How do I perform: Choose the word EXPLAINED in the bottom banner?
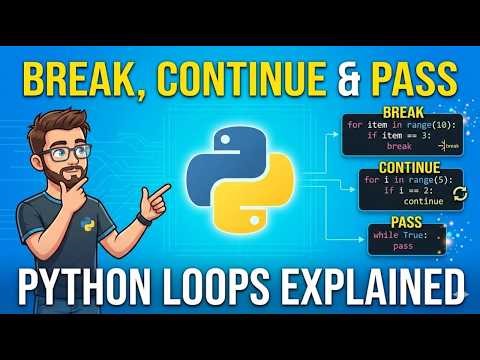click(x=381, y=283)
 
